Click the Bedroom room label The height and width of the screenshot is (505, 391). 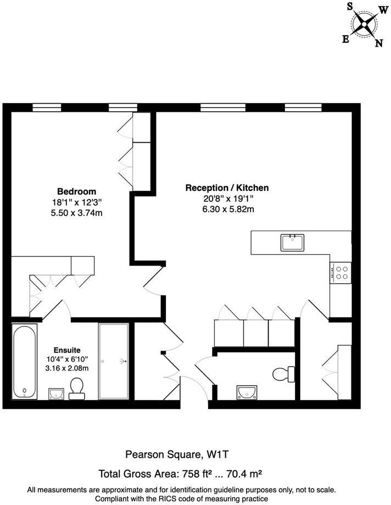[77, 192]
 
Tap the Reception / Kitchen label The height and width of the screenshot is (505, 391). [227, 188]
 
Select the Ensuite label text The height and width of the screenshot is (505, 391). [67, 350]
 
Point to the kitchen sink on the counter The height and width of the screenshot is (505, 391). [293, 242]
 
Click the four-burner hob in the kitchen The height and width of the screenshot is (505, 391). [340, 273]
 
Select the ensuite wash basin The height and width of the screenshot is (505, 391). [56, 393]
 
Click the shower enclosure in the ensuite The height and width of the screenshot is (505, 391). [114, 361]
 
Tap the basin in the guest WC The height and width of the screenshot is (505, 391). [247, 391]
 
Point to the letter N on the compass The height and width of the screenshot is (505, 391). [378, 43]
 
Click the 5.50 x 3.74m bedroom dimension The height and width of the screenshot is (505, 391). [77, 213]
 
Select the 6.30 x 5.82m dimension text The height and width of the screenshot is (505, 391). [227, 209]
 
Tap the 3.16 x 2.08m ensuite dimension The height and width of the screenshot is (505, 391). [67, 368]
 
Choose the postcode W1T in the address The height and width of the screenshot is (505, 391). [218, 454]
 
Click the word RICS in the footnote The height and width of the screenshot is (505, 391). [180, 498]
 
